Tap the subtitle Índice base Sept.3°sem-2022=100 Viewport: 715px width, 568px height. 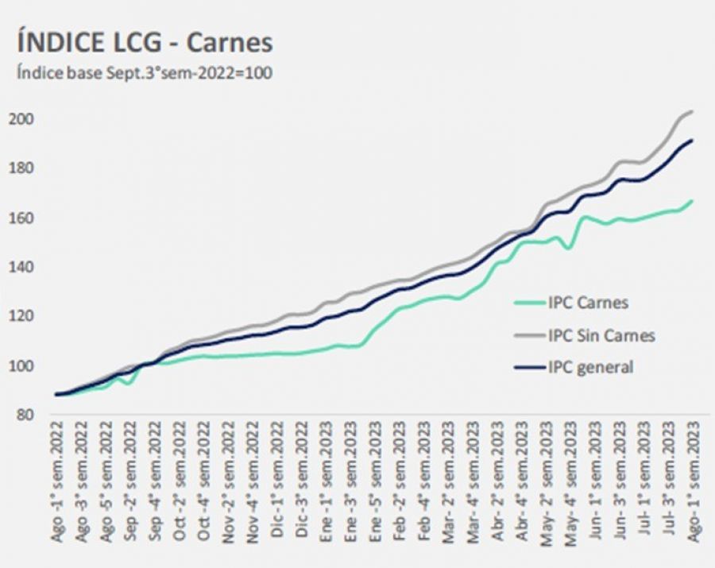tap(145, 73)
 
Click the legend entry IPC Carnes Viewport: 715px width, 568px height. tap(587, 303)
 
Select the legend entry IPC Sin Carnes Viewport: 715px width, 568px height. tap(601, 335)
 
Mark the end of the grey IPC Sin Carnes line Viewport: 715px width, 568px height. tap(693, 111)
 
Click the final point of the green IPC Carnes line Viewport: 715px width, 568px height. tap(693, 200)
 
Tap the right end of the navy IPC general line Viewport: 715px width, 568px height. tap(693, 141)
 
